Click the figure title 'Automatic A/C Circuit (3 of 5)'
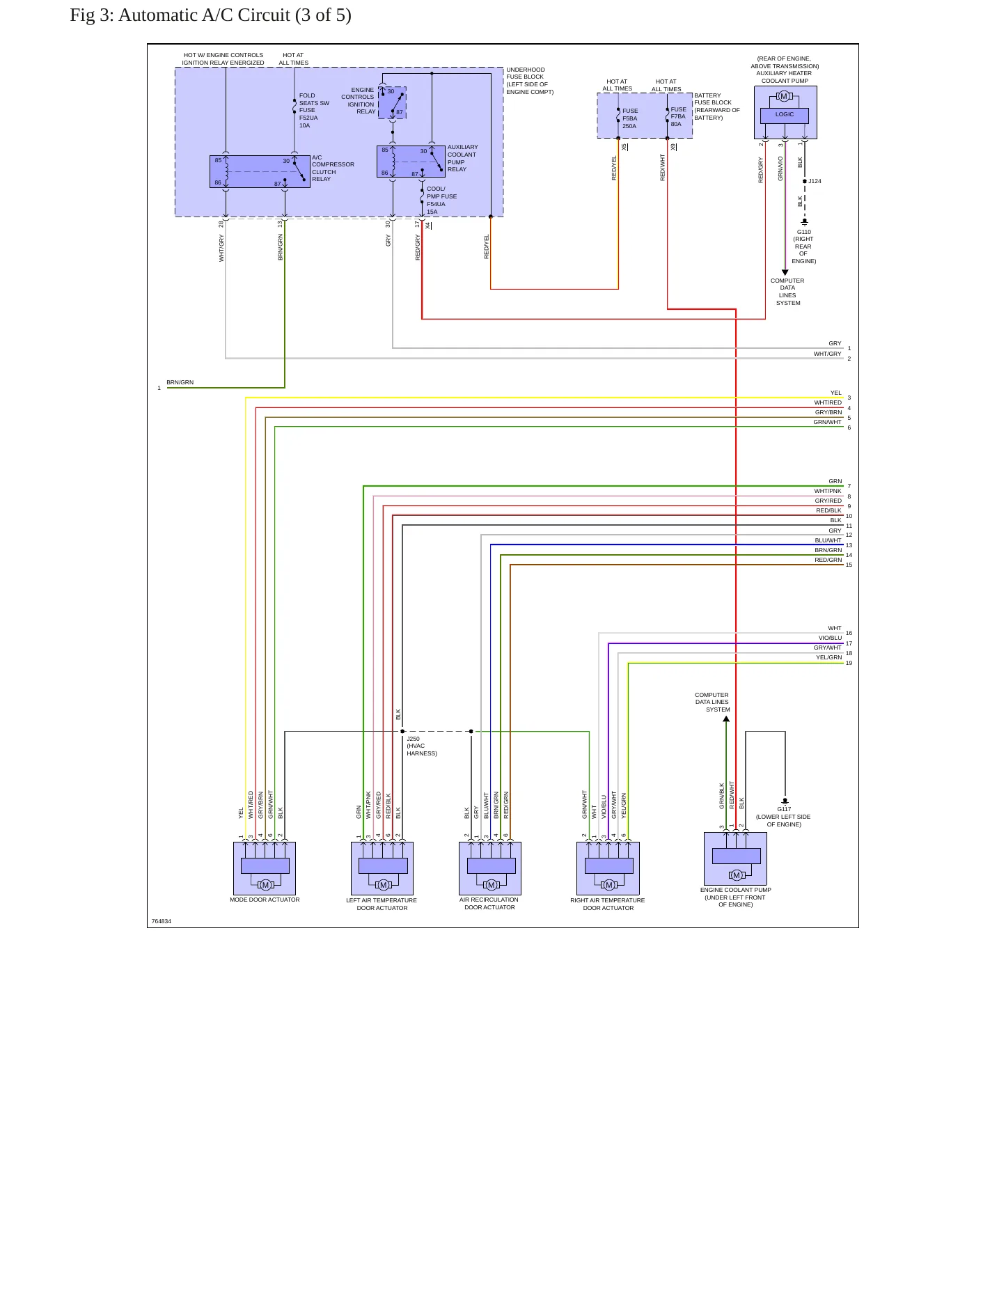[235, 15]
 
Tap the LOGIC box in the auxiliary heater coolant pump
[785, 116]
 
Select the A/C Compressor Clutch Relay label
[333, 168]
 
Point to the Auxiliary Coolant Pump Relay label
[462, 158]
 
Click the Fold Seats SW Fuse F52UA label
[314, 111]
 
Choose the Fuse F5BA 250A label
[630, 118]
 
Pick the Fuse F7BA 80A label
[678, 116]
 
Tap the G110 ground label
[803, 246]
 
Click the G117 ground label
[783, 817]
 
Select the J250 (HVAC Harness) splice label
[422, 746]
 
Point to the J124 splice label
[815, 181]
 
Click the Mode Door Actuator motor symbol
[265, 885]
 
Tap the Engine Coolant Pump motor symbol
[737, 875]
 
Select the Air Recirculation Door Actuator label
[489, 904]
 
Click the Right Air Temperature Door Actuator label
[608, 904]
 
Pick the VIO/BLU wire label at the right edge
[830, 638]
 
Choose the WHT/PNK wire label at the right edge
[828, 491]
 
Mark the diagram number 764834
[162, 921]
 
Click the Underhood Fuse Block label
[530, 81]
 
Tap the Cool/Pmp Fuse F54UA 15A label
[441, 201]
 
